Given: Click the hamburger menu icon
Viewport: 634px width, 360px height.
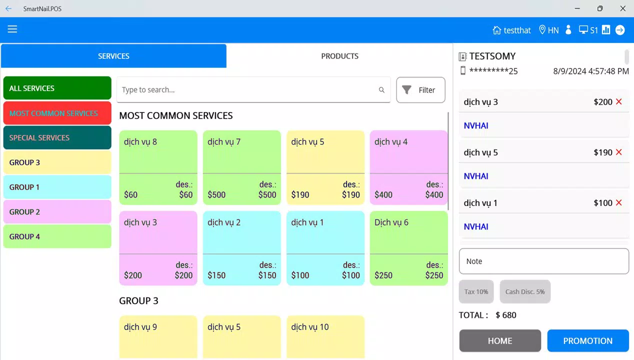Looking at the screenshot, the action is [x=12, y=29].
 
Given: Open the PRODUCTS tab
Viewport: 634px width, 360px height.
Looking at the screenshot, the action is [x=339, y=56].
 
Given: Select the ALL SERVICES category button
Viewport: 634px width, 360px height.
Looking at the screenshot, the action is [x=57, y=88].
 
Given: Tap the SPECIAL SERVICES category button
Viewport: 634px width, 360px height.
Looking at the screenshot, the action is [x=57, y=137].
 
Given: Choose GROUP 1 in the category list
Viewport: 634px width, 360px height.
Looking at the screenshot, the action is [x=57, y=187].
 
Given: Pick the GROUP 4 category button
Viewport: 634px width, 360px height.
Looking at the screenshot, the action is [x=57, y=236].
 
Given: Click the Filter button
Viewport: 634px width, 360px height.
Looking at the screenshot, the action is [x=420, y=90].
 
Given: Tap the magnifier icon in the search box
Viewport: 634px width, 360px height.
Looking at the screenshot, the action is [x=381, y=90].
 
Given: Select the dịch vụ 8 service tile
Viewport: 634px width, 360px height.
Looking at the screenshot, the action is [x=158, y=167].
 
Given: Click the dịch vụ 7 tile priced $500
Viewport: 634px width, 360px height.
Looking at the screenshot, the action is [x=241, y=167].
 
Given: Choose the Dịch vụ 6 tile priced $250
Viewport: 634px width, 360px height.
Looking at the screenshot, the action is [x=408, y=248].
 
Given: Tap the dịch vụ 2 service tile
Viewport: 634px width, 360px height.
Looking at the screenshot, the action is [x=241, y=248].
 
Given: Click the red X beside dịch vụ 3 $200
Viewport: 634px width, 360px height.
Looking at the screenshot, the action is [x=618, y=101].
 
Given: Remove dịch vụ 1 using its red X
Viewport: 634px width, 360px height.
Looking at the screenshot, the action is [x=618, y=202].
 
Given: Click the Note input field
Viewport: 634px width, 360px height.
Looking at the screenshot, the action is [x=543, y=261].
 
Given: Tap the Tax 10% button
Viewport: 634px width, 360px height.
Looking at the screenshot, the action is [x=476, y=291].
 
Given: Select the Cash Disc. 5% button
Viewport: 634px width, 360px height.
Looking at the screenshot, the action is [x=525, y=291].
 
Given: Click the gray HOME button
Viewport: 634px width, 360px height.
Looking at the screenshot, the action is [x=500, y=341].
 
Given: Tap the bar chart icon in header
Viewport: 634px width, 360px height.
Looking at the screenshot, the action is [x=606, y=29].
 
